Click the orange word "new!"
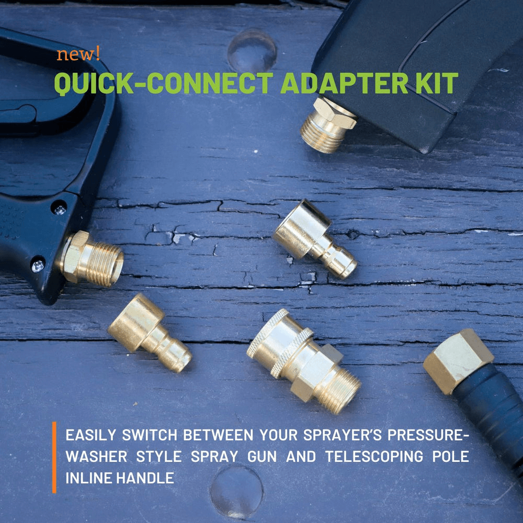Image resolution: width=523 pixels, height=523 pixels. [x=78, y=54]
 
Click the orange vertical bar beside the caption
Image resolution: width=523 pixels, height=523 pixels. [x=54, y=457]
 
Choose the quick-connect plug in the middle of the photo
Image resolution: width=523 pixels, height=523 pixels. [x=314, y=239]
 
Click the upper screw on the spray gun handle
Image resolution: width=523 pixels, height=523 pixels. [x=59, y=209]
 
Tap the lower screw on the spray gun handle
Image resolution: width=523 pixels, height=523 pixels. [x=38, y=266]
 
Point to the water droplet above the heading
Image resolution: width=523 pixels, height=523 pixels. [x=252, y=50]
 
